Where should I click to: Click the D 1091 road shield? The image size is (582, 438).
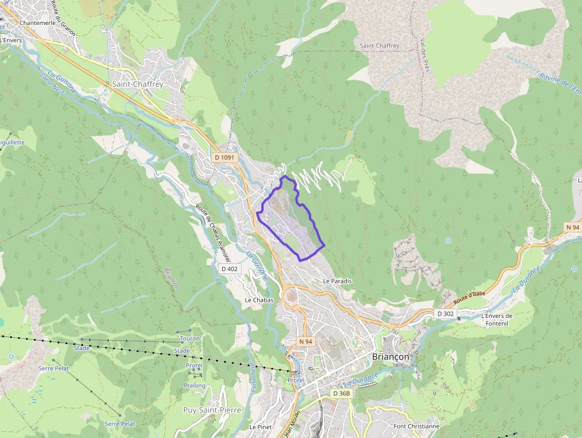click(225, 157)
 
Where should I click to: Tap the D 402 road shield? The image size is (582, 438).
click(229, 269)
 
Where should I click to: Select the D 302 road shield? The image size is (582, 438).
click(445, 313)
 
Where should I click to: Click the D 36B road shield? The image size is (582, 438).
click(342, 393)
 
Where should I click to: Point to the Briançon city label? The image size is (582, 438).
click(390, 357)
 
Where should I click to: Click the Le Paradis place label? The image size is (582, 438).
click(337, 281)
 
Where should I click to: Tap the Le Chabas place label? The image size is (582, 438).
click(259, 300)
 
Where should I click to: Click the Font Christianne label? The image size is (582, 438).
click(416, 426)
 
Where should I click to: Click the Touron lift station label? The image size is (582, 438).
click(189, 338)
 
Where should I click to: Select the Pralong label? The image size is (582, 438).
click(194, 385)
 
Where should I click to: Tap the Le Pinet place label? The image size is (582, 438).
click(260, 427)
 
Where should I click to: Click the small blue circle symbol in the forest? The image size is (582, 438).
click(448, 241)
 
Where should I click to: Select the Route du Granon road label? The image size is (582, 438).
click(64, 18)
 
